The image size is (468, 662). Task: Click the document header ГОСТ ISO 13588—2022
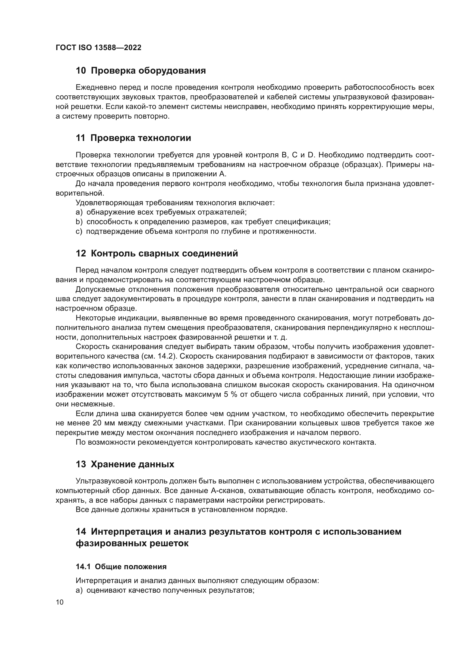98,48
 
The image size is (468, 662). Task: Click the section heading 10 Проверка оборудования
141,71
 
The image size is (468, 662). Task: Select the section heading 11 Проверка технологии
133,138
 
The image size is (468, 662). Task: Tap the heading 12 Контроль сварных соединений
157,253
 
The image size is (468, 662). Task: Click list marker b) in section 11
79,222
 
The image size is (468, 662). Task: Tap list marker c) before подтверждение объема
79,232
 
